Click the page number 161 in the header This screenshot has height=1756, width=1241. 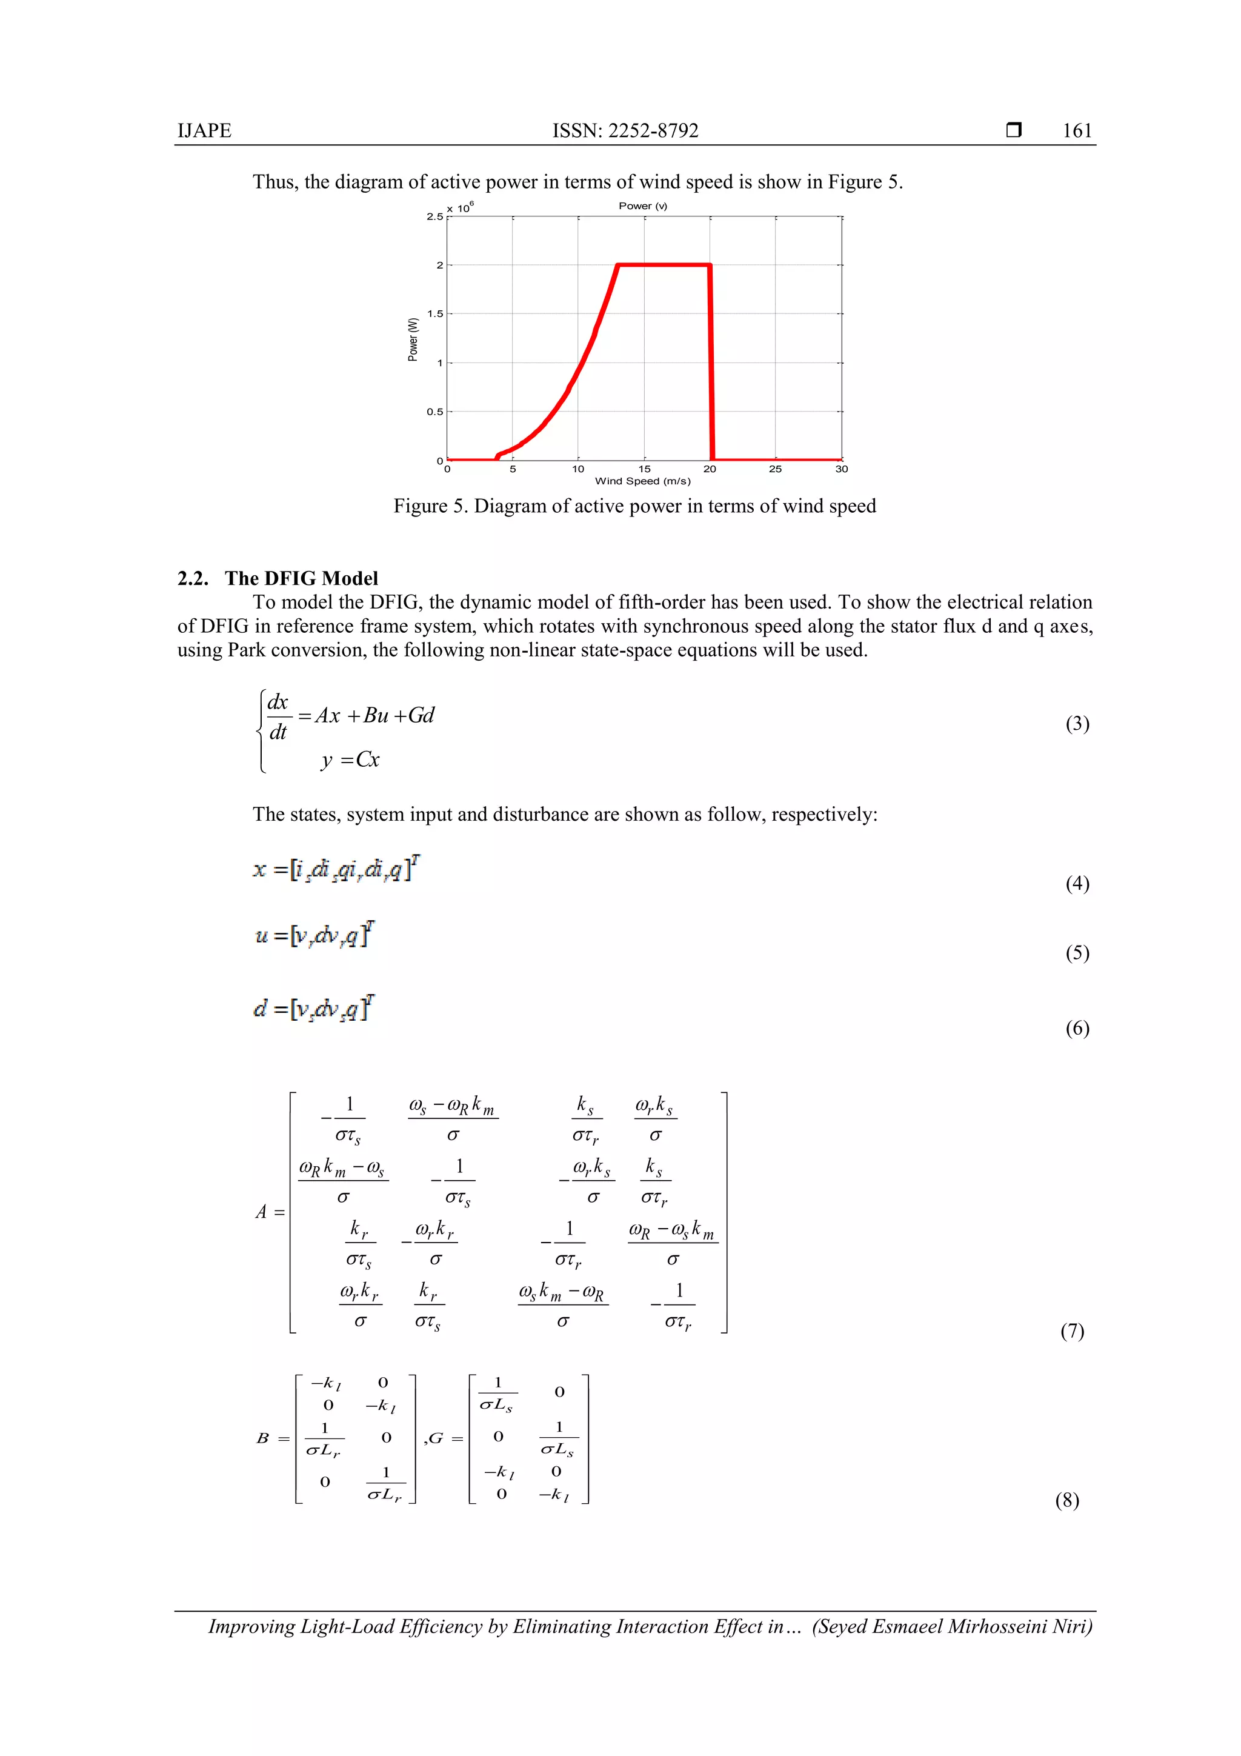[1077, 131]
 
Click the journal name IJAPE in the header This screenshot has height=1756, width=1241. [204, 131]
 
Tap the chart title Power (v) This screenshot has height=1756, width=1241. [642, 205]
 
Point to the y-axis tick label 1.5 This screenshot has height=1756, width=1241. [434, 313]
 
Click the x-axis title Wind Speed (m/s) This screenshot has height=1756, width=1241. [642, 481]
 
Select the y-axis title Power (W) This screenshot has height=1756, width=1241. [413, 339]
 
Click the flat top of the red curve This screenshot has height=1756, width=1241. [664, 265]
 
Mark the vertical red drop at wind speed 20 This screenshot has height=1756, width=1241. [711, 363]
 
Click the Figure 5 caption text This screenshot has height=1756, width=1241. [634, 506]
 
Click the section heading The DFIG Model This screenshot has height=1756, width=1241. [301, 578]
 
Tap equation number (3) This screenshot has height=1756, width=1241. [1077, 724]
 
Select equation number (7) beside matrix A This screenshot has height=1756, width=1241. [1071, 1330]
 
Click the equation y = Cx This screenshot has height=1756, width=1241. [350, 759]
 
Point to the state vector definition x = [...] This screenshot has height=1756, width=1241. [336, 869]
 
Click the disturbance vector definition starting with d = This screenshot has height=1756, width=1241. [313, 1009]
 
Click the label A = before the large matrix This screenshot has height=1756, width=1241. [269, 1212]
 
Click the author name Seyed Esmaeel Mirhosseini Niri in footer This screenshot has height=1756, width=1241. [951, 1626]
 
